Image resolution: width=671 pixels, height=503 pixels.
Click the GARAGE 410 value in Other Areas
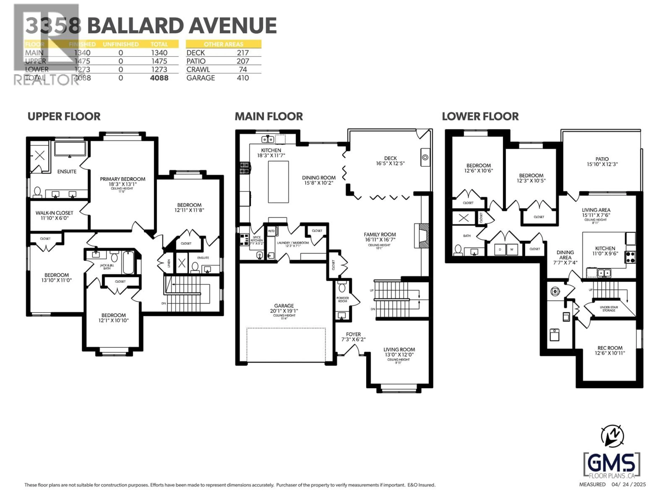pyautogui.click(x=243, y=78)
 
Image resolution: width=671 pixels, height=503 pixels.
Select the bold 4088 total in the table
pyautogui.click(x=159, y=78)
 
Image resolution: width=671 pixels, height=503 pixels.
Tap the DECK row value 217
pyautogui.click(x=243, y=53)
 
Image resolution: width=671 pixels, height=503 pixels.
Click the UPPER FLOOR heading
pyautogui.click(x=64, y=116)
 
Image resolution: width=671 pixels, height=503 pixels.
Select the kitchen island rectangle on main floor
pyautogui.click(x=278, y=182)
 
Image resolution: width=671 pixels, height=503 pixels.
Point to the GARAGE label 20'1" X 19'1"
pyautogui.click(x=284, y=308)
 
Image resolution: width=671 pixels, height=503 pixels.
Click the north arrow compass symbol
pyautogui.click(x=612, y=436)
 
